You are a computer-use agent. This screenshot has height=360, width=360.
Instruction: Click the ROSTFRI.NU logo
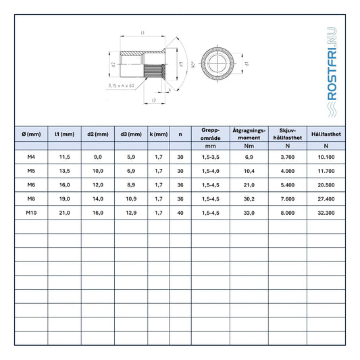332,72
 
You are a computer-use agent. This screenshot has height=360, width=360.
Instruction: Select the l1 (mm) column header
65,134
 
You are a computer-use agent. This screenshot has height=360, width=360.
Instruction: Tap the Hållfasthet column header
326,134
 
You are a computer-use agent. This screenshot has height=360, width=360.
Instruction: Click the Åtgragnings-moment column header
249,134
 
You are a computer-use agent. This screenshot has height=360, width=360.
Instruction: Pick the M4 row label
31,157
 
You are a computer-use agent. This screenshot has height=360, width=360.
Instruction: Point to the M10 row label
31,213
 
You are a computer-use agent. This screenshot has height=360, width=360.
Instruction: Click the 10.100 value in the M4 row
326,157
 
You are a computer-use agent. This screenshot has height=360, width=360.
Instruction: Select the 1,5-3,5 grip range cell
211,157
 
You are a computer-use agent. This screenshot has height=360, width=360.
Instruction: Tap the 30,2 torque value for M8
249,199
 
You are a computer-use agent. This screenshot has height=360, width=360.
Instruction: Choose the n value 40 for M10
180,213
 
